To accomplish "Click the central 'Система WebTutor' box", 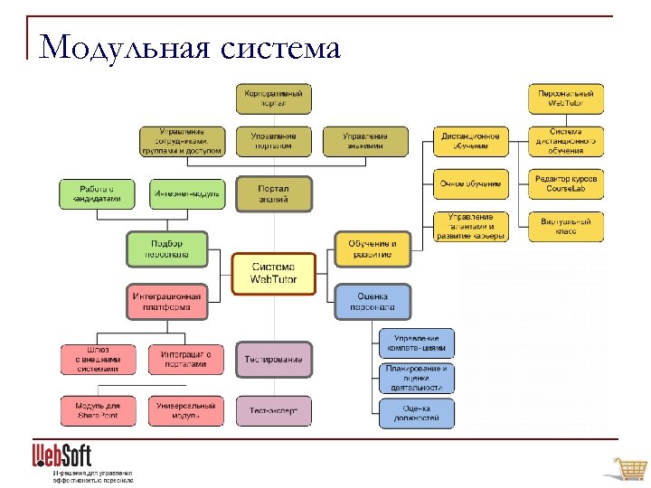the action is [273, 274].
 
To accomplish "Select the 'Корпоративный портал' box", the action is [273, 99].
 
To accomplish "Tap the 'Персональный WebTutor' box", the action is [566, 99].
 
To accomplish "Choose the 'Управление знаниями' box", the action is [364, 141].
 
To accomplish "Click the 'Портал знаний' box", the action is [273, 193].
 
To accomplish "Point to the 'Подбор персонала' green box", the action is [166, 249].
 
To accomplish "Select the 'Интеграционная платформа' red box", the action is [166, 301].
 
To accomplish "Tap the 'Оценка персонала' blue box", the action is [373, 301].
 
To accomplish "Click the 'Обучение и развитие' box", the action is [373, 249].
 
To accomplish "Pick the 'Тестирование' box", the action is [273, 359].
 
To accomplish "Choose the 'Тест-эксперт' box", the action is [273, 411].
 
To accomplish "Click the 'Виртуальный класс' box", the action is [566, 226].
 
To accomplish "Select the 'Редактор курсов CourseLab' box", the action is [566, 184].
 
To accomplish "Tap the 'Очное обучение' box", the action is [470, 184].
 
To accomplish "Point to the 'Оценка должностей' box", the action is [416, 413].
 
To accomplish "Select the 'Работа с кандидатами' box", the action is [99, 193].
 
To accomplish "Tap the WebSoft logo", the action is [62, 454].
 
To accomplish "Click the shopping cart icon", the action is [628, 469].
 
